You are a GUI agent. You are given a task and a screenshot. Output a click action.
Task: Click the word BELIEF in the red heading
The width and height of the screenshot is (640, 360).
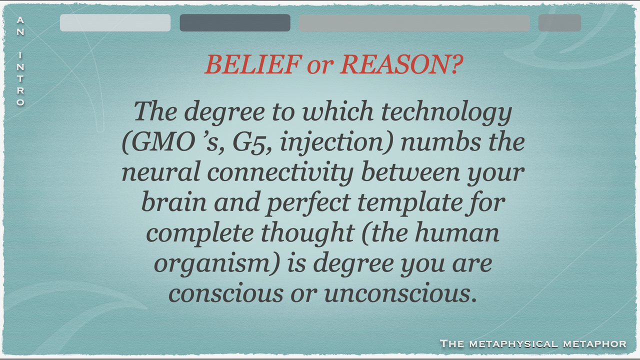point(253,64)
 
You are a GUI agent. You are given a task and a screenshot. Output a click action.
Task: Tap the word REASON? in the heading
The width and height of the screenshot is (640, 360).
point(401,64)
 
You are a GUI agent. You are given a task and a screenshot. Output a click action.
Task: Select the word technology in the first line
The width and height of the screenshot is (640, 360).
point(446,112)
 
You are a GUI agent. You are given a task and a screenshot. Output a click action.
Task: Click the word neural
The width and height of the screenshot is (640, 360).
point(161,172)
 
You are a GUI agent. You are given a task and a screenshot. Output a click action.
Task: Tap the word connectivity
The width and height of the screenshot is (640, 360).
point(280,173)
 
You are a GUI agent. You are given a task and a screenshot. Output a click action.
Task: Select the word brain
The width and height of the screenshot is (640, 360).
point(173,202)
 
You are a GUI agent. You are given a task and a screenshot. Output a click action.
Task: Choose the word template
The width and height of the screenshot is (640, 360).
point(409,203)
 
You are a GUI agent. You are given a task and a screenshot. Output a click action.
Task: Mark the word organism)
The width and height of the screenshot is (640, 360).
point(217,264)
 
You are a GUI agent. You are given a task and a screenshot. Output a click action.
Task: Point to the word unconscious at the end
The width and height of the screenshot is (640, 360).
point(400,294)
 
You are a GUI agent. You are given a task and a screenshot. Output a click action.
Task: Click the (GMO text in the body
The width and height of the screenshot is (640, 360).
point(159,143)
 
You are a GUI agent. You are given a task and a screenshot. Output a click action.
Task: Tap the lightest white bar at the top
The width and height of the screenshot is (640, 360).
point(115,23)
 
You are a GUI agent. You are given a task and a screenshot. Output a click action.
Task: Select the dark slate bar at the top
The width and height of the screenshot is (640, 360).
point(235,23)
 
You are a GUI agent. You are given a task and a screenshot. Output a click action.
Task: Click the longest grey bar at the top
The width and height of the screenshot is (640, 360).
point(414,23)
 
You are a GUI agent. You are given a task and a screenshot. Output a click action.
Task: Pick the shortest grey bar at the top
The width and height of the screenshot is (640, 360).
point(559,23)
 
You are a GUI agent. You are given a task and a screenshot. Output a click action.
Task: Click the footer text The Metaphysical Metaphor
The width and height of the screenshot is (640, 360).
point(533,343)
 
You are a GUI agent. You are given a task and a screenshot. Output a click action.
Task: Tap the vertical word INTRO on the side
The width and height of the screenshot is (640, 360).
point(20,79)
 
